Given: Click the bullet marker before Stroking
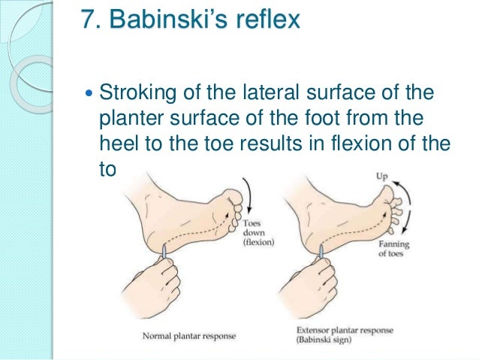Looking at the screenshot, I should [x=90, y=95].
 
